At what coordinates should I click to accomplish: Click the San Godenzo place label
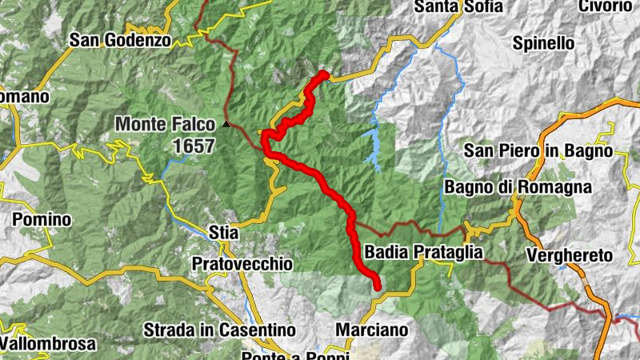(x=121, y=38)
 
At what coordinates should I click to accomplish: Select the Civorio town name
(x=610, y=7)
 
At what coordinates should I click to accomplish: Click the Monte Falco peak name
(x=166, y=124)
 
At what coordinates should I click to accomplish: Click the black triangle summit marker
(x=227, y=124)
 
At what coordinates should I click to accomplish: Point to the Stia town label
(x=223, y=233)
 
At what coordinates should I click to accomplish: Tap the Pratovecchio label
(x=242, y=263)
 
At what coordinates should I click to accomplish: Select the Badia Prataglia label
(x=423, y=252)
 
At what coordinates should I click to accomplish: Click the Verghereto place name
(x=570, y=255)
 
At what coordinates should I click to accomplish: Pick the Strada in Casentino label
(x=219, y=330)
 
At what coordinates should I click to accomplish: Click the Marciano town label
(x=371, y=330)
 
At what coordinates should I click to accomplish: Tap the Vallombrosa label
(x=48, y=344)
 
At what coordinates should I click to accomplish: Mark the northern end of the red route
(x=324, y=74)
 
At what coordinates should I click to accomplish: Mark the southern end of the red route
(x=376, y=286)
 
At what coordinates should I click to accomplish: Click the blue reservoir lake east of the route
(x=373, y=148)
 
